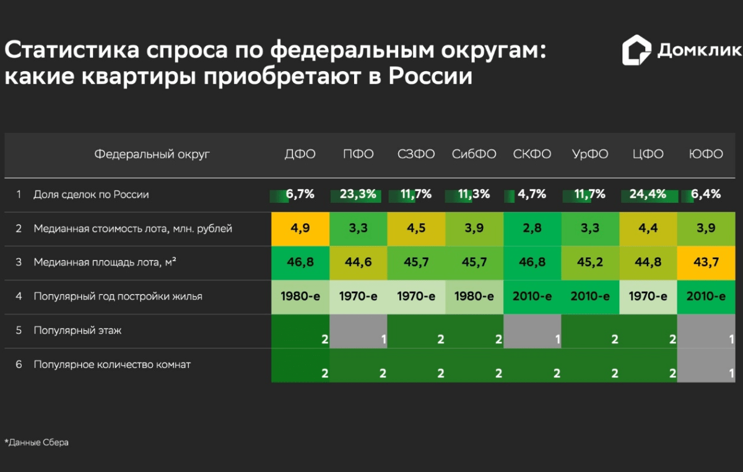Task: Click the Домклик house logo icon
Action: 636,50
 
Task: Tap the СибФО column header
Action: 474,154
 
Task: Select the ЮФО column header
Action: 705,154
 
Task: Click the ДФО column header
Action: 300,154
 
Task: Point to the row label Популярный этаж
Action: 77,330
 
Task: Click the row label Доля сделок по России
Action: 91,194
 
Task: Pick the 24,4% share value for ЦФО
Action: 648,194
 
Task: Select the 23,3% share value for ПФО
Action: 358,194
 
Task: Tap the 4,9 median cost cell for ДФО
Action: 300,228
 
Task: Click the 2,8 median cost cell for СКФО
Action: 532,228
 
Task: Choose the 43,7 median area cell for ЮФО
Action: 706,262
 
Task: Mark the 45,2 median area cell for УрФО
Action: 590,262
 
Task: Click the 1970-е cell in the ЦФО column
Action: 648,296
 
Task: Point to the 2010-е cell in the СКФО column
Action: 532,296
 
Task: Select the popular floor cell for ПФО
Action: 358,331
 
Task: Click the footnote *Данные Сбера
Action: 37,442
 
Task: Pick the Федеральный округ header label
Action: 152,154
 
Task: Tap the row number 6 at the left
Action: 19,364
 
